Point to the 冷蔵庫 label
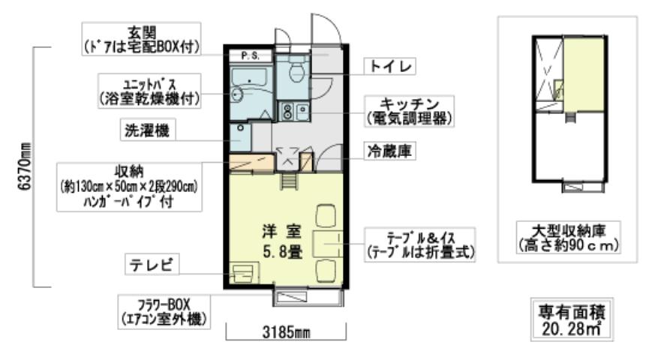390,150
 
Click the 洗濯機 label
146,130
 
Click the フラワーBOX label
163,310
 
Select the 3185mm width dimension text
284,331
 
